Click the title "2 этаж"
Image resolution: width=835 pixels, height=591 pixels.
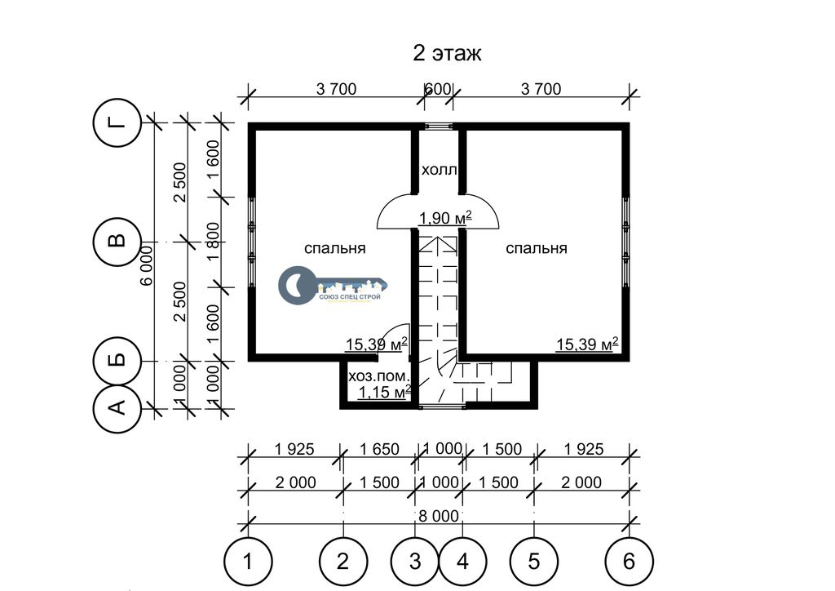[x=447, y=55]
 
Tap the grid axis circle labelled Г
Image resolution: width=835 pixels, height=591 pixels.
[x=118, y=123]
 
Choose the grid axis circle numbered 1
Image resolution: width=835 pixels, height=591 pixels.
[x=247, y=562]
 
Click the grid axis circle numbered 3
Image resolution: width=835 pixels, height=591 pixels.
[x=415, y=562]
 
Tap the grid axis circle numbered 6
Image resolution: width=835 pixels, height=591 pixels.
[x=629, y=562]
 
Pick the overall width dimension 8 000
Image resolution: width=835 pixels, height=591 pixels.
[x=438, y=516]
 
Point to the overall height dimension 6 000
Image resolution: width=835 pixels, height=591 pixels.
[x=147, y=264]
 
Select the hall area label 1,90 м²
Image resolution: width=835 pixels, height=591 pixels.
[x=446, y=218]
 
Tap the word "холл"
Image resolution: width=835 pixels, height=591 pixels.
[x=439, y=171]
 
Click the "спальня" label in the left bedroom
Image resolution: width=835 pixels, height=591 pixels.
[x=334, y=248]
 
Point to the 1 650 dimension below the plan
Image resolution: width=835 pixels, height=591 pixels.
[x=379, y=449]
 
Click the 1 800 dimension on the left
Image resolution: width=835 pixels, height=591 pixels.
[x=214, y=242]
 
